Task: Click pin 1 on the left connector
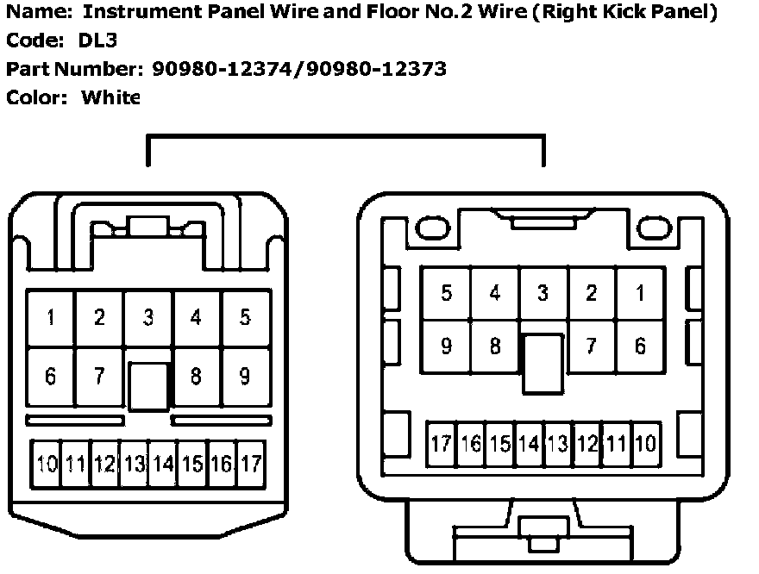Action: pos(51,318)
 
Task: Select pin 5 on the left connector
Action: pos(245,318)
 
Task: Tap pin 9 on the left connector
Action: pos(245,377)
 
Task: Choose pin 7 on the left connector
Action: pos(99,377)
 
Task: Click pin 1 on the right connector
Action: pos(639,293)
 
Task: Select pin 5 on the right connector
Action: pos(446,293)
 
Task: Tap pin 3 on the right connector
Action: pos(543,293)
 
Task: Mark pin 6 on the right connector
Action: pos(639,346)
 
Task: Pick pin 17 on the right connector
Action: pos(441,444)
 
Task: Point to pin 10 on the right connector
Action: pos(645,444)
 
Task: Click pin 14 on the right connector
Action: pos(529,444)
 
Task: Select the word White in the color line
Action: pos(110,97)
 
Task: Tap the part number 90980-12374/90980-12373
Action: pos(298,68)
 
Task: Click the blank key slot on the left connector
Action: pos(148,385)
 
